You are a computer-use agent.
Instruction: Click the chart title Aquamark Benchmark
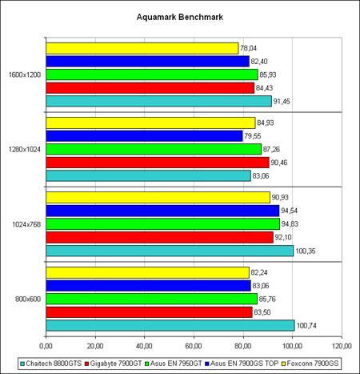click(x=180, y=17)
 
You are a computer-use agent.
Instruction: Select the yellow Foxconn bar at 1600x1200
click(x=142, y=48)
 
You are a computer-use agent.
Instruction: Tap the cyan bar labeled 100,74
click(x=170, y=325)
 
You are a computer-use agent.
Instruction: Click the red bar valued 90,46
click(x=158, y=163)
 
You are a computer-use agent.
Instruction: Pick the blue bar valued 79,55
click(x=144, y=136)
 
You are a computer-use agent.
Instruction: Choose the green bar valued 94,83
click(x=163, y=224)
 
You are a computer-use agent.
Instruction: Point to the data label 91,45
click(x=282, y=102)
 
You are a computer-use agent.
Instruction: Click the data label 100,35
click(x=306, y=251)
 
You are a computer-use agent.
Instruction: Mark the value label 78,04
click(x=248, y=48)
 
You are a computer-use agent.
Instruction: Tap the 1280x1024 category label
click(x=25, y=150)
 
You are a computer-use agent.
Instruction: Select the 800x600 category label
click(x=28, y=299)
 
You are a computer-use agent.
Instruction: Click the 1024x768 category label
click(x=26, y=224)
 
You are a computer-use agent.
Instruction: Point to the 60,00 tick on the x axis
click(x=194, y=346)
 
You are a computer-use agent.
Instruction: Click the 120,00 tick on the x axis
click(x=342, y=346)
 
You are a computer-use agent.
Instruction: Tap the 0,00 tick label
click(x=46, y=346)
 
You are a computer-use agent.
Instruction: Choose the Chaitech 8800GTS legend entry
click(x=51, y=364)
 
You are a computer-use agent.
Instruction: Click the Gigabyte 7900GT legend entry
click(x=113, y=364)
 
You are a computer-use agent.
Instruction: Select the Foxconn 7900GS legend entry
click(x=310, y=364)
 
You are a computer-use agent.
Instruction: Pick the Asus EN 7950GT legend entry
click(x=174, y=364)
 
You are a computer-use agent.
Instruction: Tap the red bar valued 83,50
click(x=149, y=312)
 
